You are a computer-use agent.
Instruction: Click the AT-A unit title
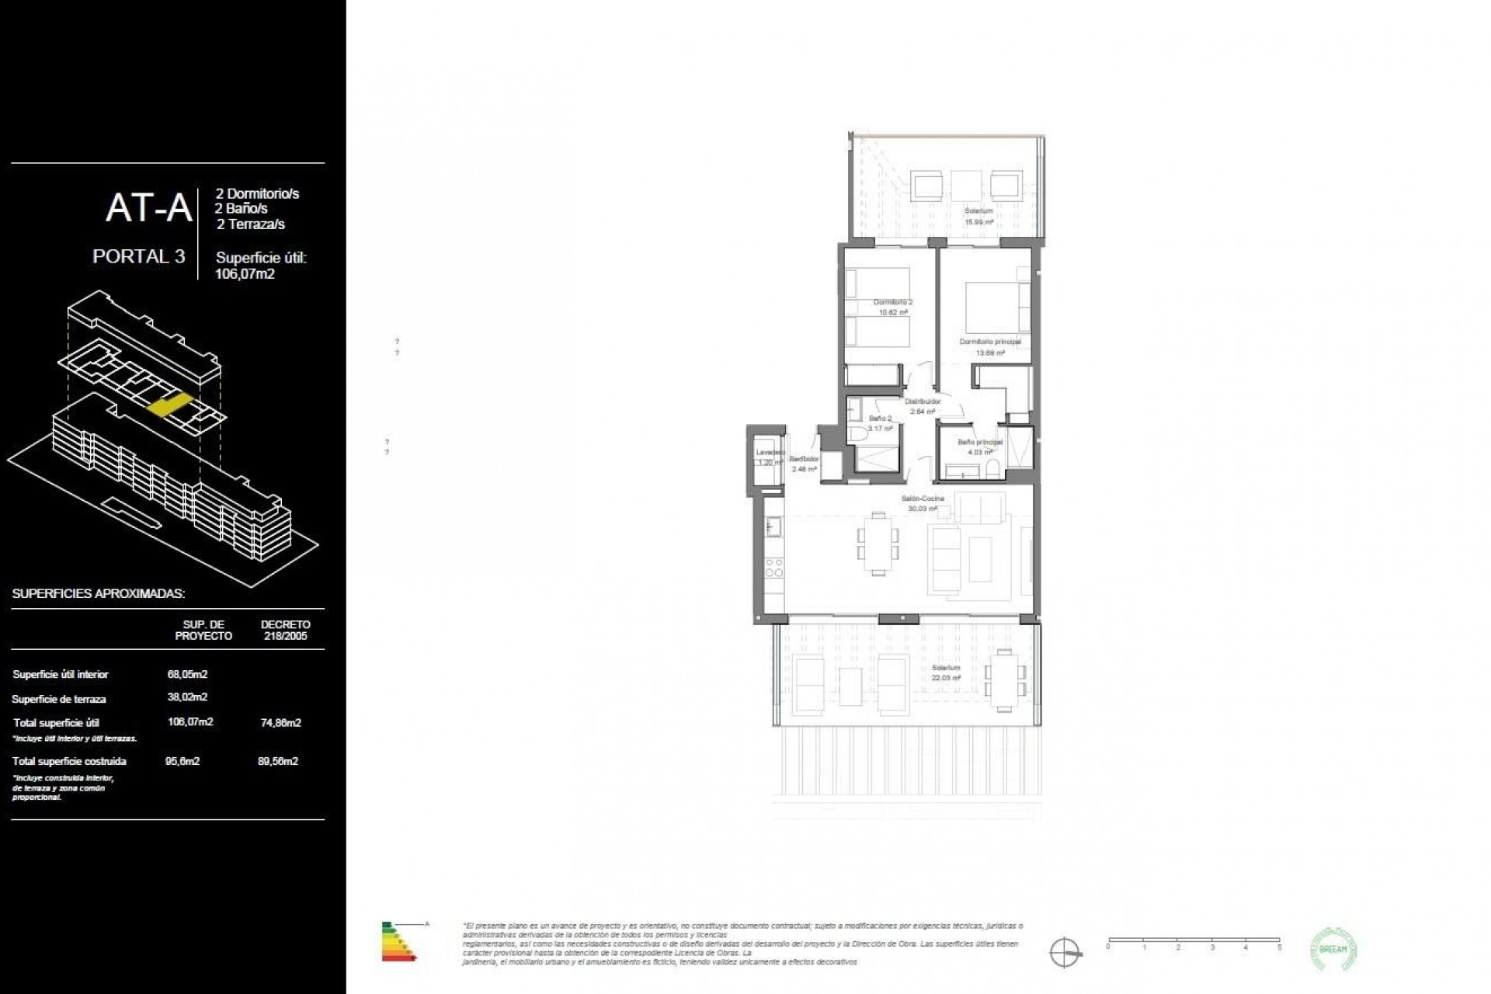148,208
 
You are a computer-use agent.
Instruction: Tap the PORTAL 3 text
138,256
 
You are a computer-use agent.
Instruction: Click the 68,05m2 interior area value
187,674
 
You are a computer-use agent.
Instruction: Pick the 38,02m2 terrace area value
187,697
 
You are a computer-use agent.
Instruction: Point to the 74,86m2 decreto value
280,722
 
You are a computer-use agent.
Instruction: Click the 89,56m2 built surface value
278,761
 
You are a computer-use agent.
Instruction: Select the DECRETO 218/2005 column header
285,630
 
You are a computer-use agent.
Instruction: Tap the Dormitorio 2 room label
892,307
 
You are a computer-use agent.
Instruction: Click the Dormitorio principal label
989,346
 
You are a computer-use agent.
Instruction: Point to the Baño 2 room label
880,422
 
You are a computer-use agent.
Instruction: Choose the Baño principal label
979,447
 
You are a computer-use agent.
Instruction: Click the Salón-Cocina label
922,503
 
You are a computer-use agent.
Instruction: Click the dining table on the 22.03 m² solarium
1006,681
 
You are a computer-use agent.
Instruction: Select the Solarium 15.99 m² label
978,216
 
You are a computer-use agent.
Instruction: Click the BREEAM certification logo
1334,949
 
